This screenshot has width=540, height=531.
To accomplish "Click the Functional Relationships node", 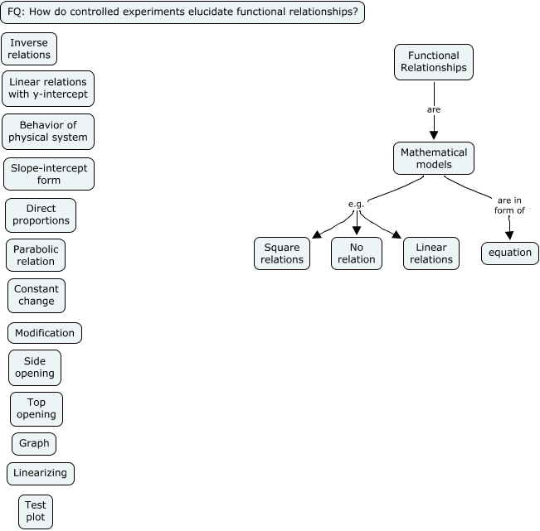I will point(433,62).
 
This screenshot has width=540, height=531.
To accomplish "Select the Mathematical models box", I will point(434,158).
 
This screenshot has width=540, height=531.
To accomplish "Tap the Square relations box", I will point(282,253).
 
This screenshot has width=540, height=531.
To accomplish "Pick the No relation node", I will point(357,253).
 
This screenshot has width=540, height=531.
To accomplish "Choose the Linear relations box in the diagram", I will point(431,253).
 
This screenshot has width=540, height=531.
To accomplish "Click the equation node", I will point(509,253).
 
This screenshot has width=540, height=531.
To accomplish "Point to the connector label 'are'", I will point(433,109).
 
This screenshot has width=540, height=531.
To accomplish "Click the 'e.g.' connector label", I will point(357,204).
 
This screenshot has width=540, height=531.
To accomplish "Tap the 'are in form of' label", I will point(510,205).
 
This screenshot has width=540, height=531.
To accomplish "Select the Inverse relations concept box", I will point(29,49).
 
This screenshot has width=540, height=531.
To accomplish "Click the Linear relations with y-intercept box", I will point(48,89).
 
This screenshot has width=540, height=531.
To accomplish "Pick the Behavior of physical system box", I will point(48,131).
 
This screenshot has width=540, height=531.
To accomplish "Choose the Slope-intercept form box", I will point(49,174).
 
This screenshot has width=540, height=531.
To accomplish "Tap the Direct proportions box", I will point(41,215).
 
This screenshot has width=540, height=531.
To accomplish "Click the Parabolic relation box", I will point(35,255).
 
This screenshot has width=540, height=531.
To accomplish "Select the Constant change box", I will point(36,296).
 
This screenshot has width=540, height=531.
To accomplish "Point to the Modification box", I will point(45,333).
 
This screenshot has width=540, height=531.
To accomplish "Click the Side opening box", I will point(35,368).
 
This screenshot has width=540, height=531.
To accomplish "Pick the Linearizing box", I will point(41,474).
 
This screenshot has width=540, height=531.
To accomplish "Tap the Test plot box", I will point(36,512).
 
